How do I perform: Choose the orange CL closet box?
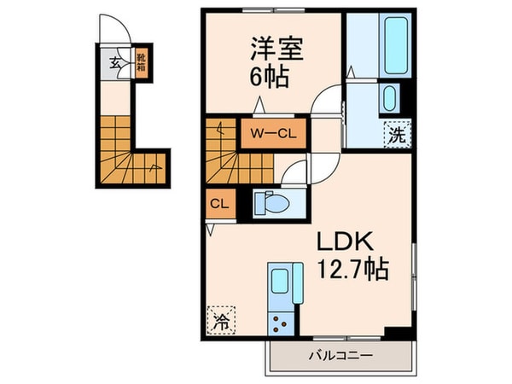click(x=218, y=204)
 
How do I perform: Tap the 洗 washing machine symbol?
click(x=398, y=133)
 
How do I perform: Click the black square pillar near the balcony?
click(x=395, y=333)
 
